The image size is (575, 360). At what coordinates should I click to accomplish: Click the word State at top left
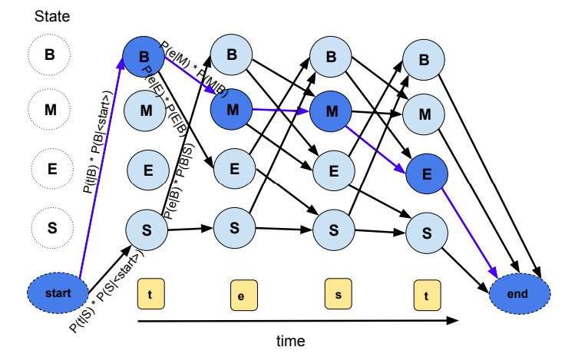click(51, 16)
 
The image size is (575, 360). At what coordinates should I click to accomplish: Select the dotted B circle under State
click(50, 54)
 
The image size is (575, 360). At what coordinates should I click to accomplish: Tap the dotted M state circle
click(50, 110)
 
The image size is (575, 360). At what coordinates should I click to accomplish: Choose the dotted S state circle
click(50, 227)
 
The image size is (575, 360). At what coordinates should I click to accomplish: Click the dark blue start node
click(58, 292)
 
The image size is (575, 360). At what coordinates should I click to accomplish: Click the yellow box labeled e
click(242, 295)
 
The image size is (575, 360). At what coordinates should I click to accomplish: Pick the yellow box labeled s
click(336, 293)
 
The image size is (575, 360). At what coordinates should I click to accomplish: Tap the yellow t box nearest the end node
click(426, 293)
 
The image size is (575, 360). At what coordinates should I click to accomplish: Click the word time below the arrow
click(291, 340)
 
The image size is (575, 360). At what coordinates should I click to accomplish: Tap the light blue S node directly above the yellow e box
click(234, 226)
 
